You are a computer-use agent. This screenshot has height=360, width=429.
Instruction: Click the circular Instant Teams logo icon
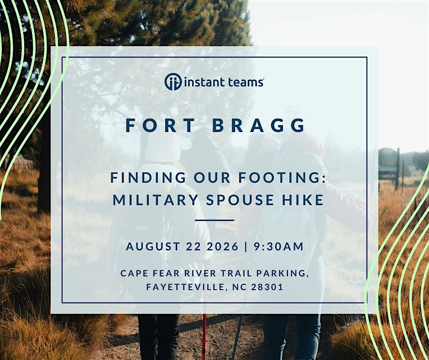click(x=173, y=81)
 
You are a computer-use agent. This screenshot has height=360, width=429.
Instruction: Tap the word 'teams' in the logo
click(x=243, y=82)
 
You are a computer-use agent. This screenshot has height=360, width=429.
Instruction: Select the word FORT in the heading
click(x=160, y=126)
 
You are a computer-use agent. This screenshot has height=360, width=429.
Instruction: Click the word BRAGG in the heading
click(x=259, y=126)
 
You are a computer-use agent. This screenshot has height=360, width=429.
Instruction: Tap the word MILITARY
click(x=156, y=200)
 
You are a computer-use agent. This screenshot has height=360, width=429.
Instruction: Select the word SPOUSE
click(x=240, y=200)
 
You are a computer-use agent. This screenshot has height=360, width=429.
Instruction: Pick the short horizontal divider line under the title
click(x=214, y=220)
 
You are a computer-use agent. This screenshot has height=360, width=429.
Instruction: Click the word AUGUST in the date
click(x=153, y=246)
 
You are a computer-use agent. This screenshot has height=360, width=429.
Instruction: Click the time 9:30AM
click(x=278, y=246)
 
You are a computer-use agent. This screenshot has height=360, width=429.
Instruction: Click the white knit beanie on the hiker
click(x=162, y=147)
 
